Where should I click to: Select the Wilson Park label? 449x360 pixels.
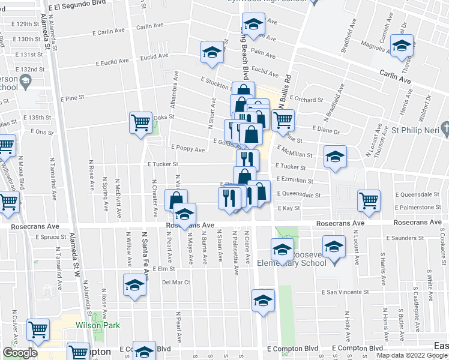pyautogui.click(x=97, y=325)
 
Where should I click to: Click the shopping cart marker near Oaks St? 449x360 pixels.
pyautogui.click(x=140, y=123)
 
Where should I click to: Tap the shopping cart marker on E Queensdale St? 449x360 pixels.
pyautogui.click(x=369, y=200)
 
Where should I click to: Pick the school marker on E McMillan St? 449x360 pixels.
pyautogui.click(x=335, y=157)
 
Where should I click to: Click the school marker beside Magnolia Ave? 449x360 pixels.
pyautogui.click(x=402, y=45)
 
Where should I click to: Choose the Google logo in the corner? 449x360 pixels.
pyautogui.click(x=20, y=353)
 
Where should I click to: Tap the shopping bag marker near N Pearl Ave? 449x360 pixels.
pyautogui.click(x=176, y=200)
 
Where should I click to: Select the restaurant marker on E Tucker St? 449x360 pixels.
pyautogui.click(x=247, y=160)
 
